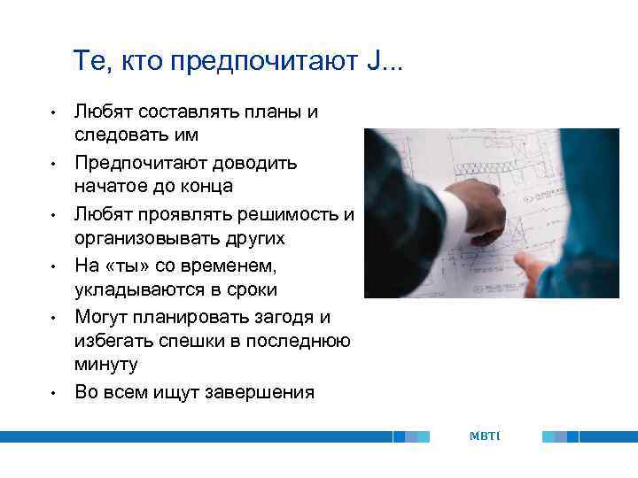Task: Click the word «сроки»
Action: point(253,289)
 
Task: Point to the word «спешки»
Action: point(191,341)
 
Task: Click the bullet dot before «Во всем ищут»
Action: point(53,392)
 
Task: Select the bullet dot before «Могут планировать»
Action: point(53,317)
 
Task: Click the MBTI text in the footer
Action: point(485,436)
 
